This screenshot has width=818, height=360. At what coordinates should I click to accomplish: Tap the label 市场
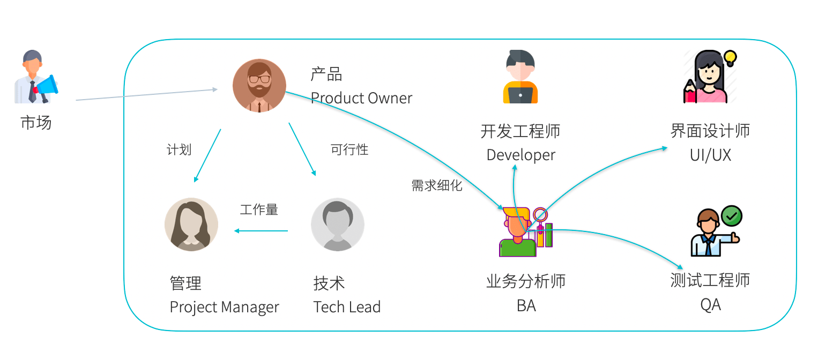tap(36, 122)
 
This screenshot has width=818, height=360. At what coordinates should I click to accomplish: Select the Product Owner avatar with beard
tap(259, 85)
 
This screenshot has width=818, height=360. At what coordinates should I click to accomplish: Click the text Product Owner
tap(361, 98)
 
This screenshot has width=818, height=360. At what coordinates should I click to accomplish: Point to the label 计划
tap(179, 149)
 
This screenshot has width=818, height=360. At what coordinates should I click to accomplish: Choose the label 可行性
tap(349, 149)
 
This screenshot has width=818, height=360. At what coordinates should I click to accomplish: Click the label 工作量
tap(259, 209)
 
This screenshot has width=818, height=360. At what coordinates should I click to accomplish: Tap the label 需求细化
tap(437, 185)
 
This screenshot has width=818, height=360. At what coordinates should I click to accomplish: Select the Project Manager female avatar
tap(191, 224)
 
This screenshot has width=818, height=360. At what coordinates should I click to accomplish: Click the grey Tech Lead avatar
tap(337, 224)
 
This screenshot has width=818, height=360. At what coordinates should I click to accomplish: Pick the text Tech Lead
tap(347, 306)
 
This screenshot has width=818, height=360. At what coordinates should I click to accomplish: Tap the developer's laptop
tap(520, 95)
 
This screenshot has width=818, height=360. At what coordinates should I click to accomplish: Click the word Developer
tap(520, 155)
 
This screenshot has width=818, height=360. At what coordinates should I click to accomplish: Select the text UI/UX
tap(710, 155)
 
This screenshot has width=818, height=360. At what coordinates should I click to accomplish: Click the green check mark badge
tap(732, 216)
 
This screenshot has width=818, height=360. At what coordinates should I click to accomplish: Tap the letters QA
tap(710, 305)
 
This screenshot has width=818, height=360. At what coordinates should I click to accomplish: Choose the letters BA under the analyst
tap(526, 305)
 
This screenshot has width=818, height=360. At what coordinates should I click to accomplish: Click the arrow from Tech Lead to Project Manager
tap(261, 231)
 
